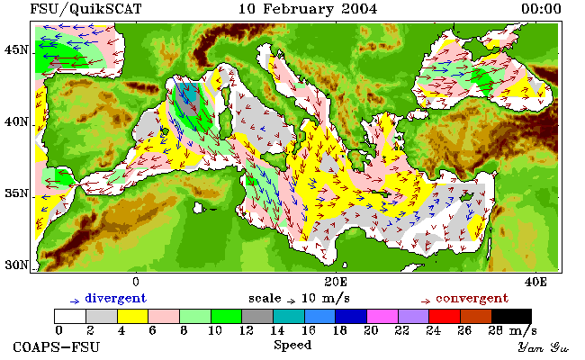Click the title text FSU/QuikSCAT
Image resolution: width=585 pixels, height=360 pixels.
85,9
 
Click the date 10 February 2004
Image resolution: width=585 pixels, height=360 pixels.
308,9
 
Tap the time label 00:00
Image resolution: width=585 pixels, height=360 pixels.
541,9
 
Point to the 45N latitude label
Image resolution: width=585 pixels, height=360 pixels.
16,49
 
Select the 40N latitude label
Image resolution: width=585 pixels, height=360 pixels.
16,122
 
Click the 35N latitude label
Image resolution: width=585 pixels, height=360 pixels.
16,193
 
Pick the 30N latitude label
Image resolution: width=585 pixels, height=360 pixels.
16,265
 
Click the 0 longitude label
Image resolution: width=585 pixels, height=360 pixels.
136,282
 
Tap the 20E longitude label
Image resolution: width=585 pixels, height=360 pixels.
336,282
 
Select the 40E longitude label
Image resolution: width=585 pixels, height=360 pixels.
535,282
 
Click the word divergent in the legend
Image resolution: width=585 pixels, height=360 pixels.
116,299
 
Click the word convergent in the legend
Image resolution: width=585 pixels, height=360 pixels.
472,299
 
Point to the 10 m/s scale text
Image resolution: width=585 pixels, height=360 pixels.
325,299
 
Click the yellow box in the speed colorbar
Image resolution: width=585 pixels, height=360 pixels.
133,316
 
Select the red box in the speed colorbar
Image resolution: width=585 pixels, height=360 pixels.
445,316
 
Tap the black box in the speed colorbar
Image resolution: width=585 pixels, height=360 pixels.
511,316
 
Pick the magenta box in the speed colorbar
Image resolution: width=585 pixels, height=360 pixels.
382,316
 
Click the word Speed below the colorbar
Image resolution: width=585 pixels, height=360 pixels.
292,346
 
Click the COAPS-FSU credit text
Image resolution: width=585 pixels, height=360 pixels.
57,346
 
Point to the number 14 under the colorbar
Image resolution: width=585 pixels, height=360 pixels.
277,330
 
